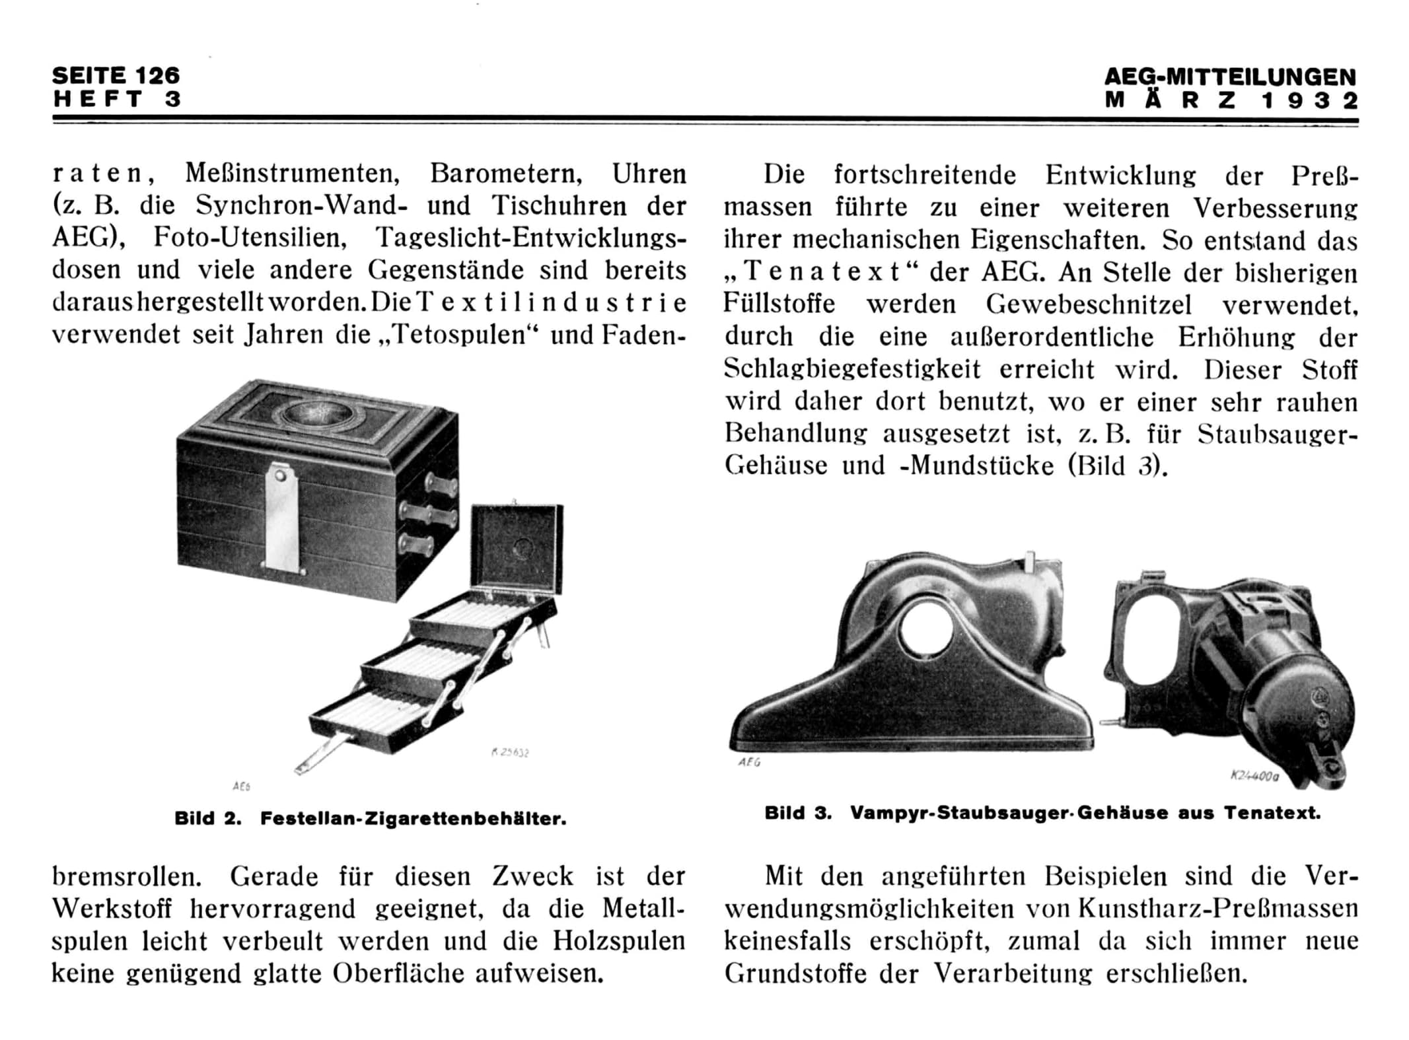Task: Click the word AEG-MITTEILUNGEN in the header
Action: [1229, 77]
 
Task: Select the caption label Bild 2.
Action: [207, 819]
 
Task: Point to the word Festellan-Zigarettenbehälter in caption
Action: [413, 819]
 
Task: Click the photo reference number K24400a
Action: [1254, 777]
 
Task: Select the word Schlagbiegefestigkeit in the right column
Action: [851, 369]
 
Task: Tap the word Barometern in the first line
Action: [505, 174]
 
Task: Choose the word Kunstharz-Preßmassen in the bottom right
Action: [1217, 909]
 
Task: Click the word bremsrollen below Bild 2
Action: [126, 877]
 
